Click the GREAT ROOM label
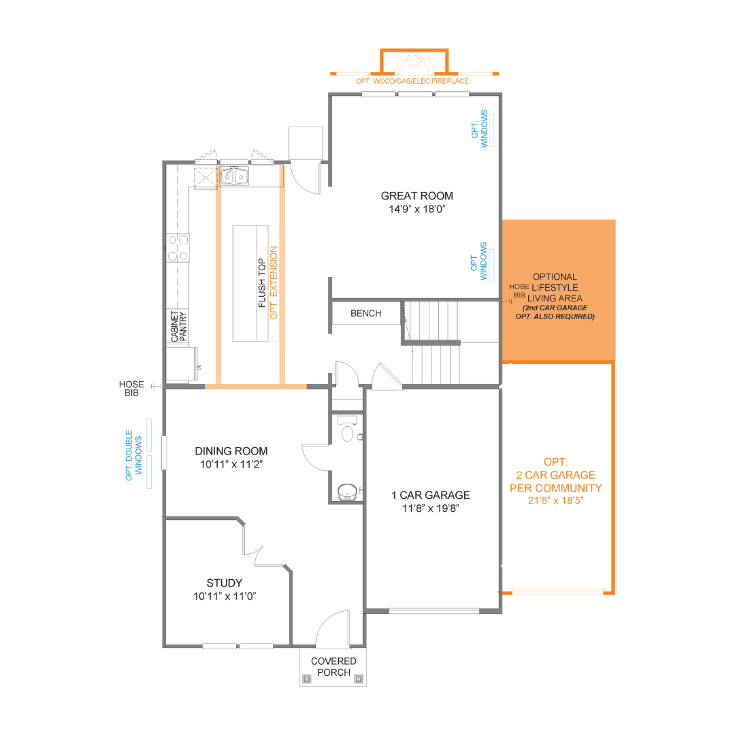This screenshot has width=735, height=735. [416, 196]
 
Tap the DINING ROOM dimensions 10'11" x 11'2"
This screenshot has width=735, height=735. [231, 465]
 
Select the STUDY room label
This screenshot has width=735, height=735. [224, 583]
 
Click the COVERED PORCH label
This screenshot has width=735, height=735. [333, 666]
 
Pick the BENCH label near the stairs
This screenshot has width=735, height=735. [365, 314]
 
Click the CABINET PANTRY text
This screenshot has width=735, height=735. [178, 326]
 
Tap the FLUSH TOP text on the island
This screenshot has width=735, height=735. [261, 283]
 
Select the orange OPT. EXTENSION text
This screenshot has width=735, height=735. [274, 283]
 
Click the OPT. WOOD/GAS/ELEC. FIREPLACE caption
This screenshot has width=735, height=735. [412, 81]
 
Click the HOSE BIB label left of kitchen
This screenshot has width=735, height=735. [131, 389]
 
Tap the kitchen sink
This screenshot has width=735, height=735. [233, 176]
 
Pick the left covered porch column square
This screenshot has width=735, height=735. [307, 679]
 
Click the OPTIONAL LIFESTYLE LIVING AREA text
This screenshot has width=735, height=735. [555, 287]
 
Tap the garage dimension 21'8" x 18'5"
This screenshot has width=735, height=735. [555, 500]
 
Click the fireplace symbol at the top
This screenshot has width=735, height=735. [414, 63]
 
